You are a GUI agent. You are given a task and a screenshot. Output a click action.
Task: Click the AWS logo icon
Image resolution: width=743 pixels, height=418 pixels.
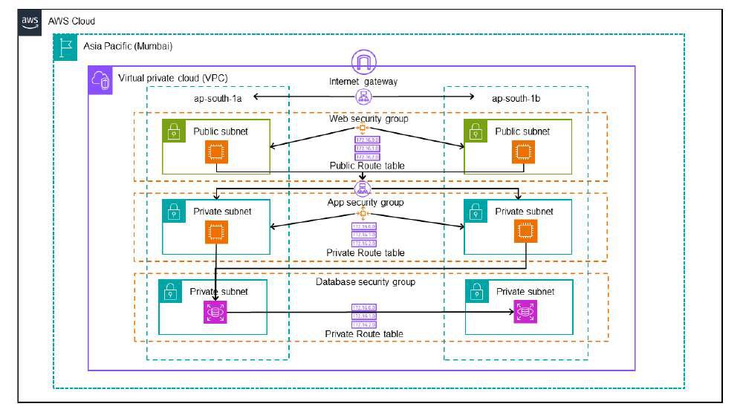[30, 22]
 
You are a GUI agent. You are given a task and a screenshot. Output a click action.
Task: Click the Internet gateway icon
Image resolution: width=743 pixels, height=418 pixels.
[363, 62]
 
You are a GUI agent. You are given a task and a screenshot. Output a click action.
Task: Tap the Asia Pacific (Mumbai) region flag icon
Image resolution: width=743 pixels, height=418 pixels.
[65, 47]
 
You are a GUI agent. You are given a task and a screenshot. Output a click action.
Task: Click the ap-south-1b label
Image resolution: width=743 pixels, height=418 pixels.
[516, 98]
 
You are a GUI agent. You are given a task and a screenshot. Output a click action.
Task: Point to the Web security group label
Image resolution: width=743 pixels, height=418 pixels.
[368, 119]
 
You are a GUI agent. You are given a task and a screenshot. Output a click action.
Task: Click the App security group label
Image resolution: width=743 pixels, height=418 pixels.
[366, 202]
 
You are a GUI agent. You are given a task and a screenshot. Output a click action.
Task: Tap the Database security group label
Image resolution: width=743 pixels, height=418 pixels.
[366, 281]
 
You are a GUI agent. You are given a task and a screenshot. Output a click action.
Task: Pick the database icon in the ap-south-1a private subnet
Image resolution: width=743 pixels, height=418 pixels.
[215, 313]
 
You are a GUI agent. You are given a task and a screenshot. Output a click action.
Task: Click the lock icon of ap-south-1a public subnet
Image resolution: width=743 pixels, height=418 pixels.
[174, 132]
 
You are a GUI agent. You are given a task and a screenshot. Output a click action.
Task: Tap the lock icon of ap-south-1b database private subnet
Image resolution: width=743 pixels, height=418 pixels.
[476, 292]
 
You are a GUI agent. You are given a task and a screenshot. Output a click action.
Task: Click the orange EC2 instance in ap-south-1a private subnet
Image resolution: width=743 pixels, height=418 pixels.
[216, 233]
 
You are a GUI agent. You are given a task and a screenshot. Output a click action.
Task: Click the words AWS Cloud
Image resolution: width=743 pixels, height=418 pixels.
[71, 22]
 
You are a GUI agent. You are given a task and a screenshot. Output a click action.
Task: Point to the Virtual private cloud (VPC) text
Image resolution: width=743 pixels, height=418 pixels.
[163, 78]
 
